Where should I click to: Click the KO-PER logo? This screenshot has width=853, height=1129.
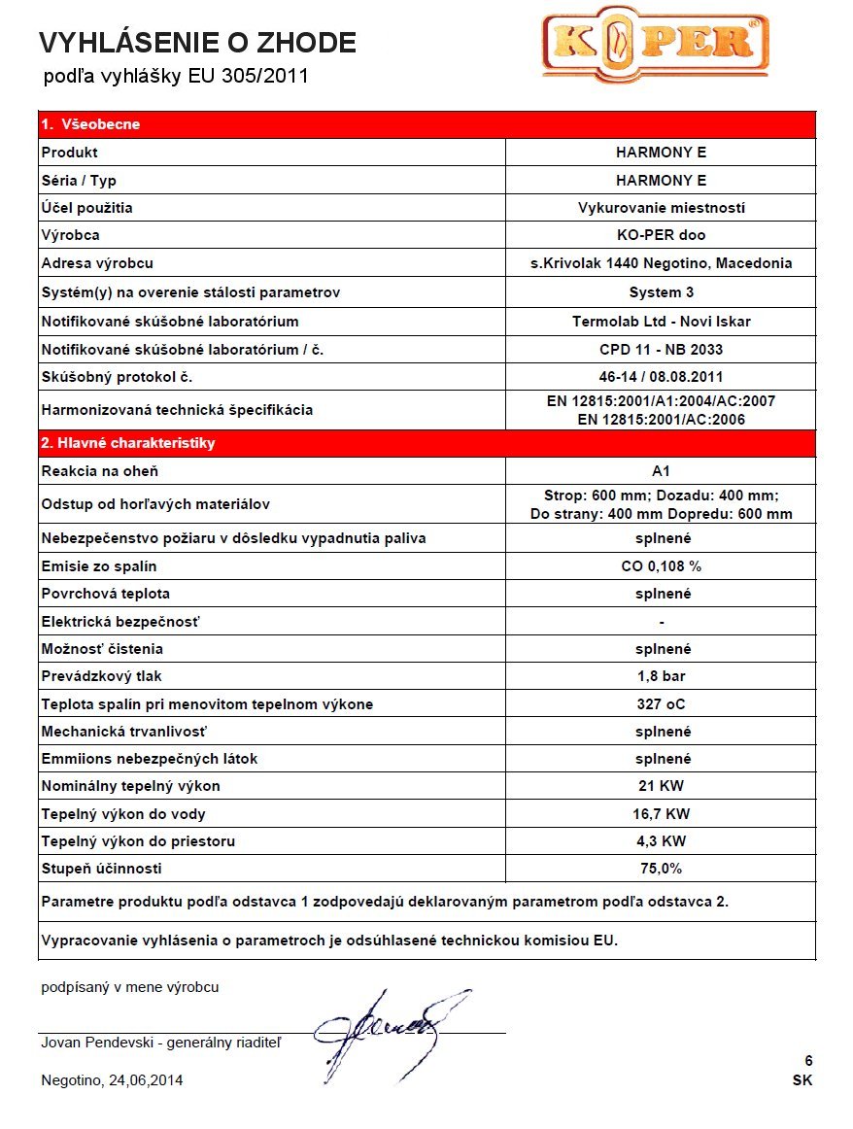(655, 44)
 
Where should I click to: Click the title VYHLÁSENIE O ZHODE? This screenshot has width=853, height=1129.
(197, 43)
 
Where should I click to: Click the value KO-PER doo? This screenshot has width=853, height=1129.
(661, 235)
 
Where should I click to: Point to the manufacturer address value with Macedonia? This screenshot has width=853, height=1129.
(661, 263)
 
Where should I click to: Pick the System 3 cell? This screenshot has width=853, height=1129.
(661, 292)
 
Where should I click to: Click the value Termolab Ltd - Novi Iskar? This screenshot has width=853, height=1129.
(661, 321)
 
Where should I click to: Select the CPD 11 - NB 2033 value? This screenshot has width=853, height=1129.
(661, 349)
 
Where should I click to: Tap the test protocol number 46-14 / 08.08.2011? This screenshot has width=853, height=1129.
(661, 377)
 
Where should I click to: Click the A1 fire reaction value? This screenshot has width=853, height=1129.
(661, 471)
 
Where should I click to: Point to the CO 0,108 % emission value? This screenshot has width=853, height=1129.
(661, 565)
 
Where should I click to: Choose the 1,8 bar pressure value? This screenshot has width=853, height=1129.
(661, 676)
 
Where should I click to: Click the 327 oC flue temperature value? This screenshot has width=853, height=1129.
(661, 703)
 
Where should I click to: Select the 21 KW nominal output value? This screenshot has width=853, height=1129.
(661, 786)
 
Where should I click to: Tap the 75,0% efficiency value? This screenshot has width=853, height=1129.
(661, 869)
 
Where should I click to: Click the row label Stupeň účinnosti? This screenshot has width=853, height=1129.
(102, 869)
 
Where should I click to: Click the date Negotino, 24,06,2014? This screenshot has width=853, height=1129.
(112, 1080)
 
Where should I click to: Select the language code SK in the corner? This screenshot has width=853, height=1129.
(802, 1080)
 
